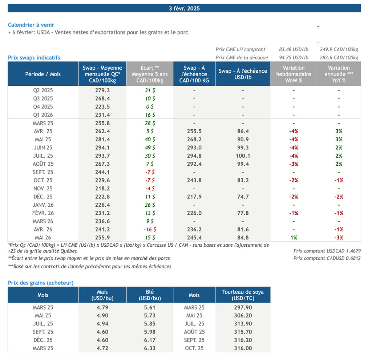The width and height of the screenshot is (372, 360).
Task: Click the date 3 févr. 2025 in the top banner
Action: [x=184, y=8]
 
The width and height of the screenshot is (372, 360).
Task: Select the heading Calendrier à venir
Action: [x=31, y=25]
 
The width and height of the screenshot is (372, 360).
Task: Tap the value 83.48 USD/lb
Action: [x=294, y=49]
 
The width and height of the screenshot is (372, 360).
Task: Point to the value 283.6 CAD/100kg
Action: [x=339, y=57]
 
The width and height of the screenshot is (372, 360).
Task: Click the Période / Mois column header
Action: [x=43, y=74]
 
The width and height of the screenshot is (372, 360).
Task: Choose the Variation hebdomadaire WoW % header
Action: [x=294, y=74]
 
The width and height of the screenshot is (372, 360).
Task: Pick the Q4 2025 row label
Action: [x=43, y=106]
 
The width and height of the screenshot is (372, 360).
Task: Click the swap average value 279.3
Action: [x=102, y=90]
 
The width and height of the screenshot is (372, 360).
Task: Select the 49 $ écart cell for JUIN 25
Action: [x=150, y=147]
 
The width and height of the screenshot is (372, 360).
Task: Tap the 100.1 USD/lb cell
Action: [x=243, y=156]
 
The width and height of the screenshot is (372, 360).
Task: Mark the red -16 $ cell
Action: [x=150, y=230]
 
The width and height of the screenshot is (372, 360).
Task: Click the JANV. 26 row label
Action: [x=43, y=205]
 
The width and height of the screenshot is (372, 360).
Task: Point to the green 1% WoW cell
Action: [x=294, y=238]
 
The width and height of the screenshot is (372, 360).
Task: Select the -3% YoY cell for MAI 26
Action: [x=339, y=238]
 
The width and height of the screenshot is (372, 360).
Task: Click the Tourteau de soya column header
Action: [x=243, y=295]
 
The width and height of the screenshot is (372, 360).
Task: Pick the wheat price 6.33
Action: [x=150, y=348]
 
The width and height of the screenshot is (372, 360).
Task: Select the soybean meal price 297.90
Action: [x=243, y=307]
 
